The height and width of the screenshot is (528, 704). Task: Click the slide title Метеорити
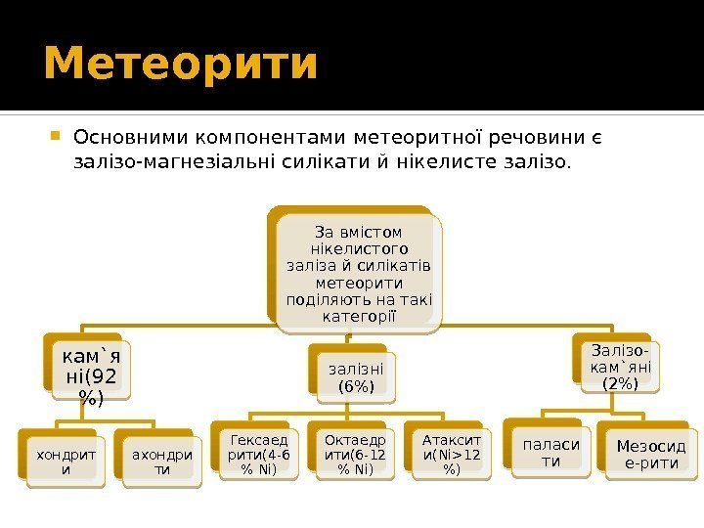tap(181, 64)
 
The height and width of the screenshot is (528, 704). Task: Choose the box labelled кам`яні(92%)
tap(85, 370)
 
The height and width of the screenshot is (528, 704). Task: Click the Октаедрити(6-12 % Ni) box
tap(350, 455)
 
